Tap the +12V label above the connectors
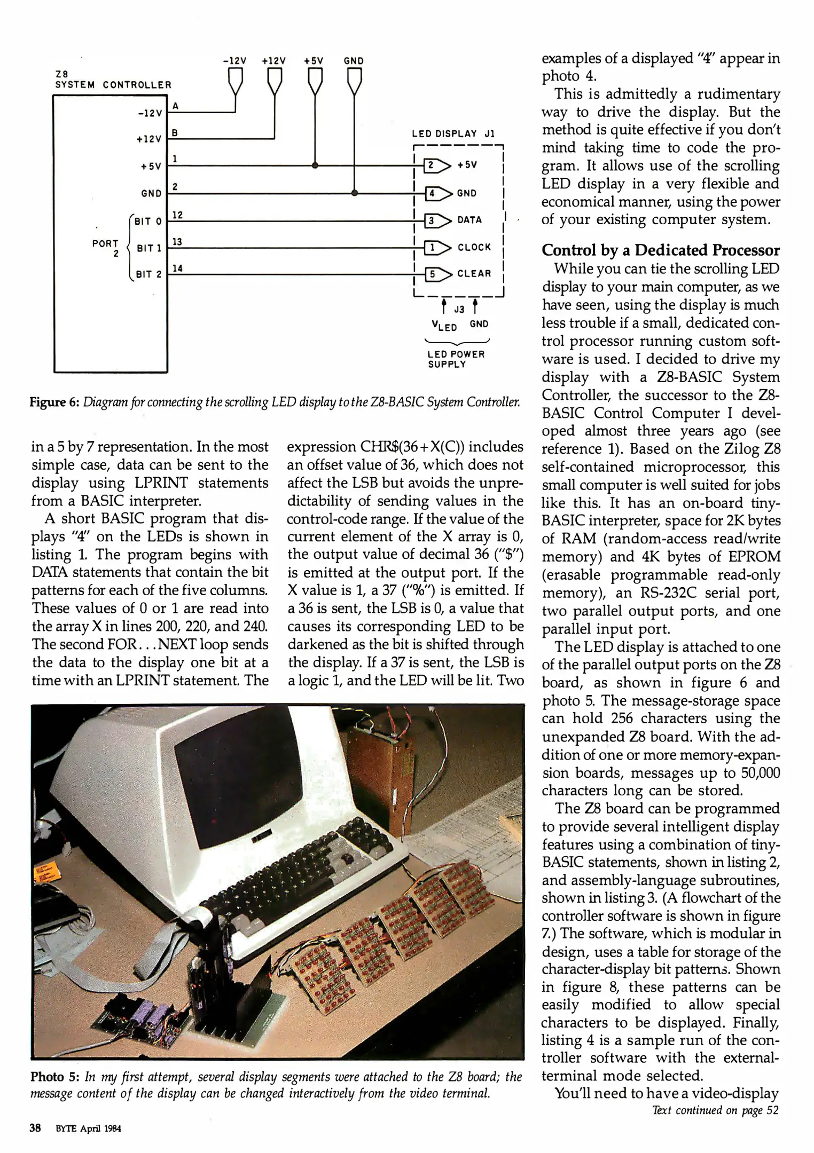click(274, 61)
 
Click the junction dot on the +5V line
click(315, 165)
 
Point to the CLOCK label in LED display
click(474, 248)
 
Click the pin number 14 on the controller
click(177, 268)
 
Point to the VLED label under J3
click(444, 325)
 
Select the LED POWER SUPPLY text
click(456, 359)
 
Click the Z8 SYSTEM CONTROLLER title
click(113, 80)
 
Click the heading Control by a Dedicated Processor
click(660, 250)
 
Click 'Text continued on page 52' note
click(715, 1111)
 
